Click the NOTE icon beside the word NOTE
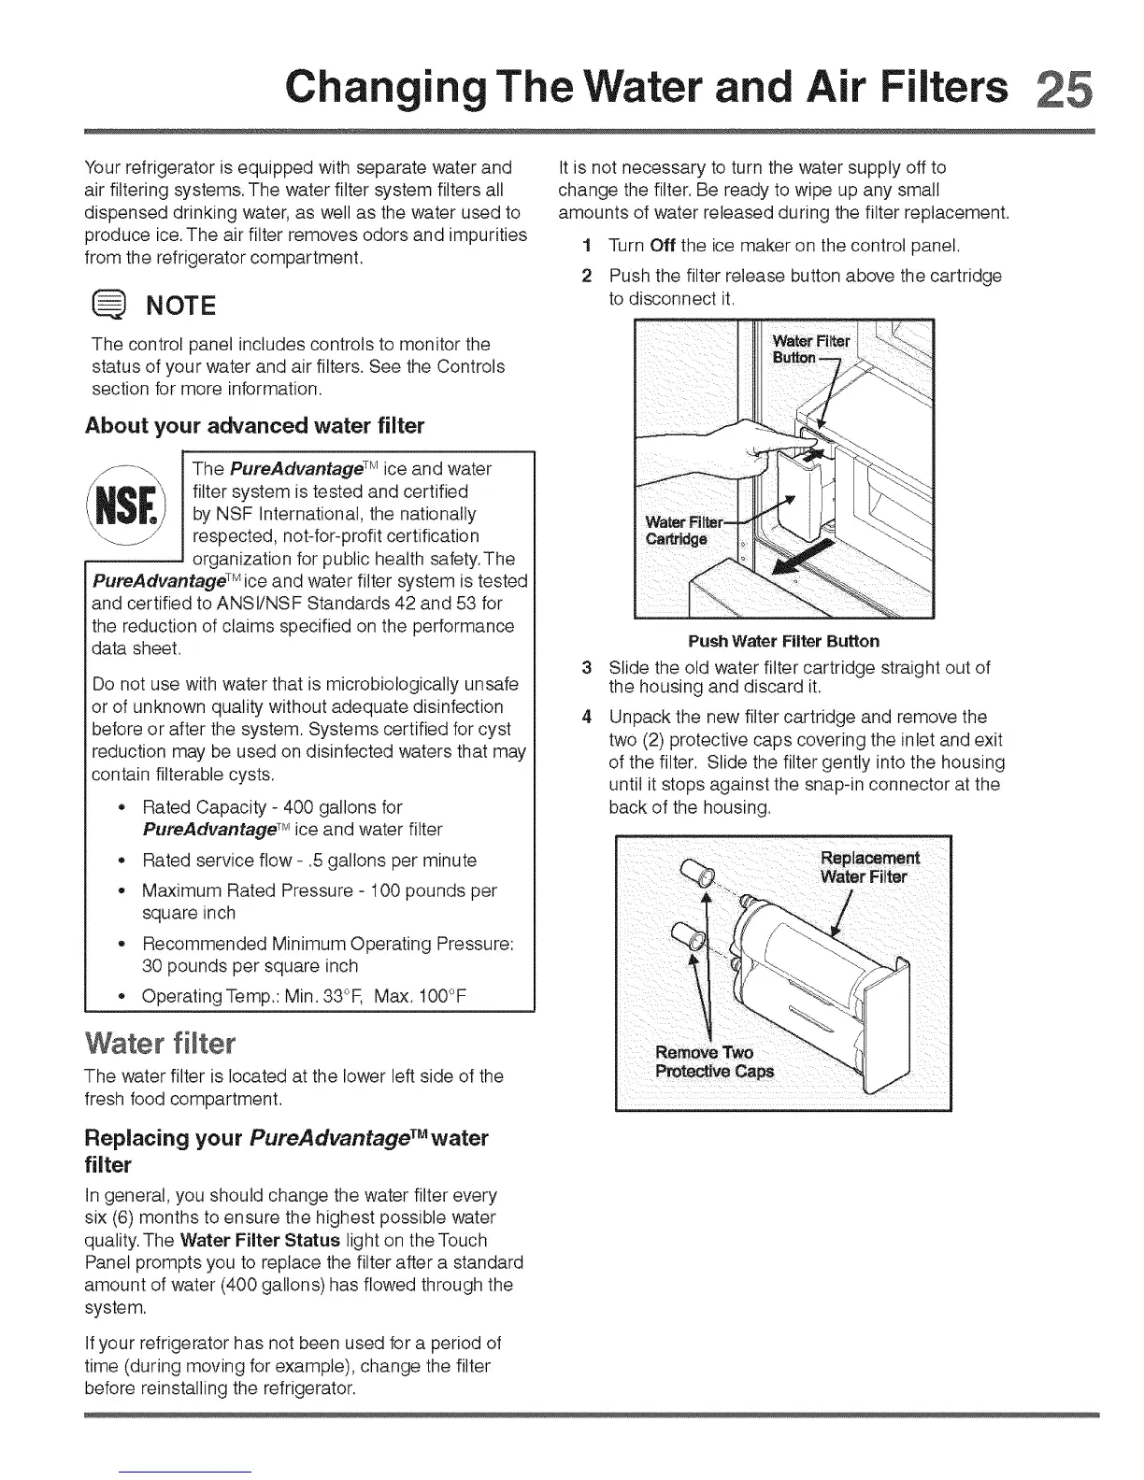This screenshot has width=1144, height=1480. click(107, 305)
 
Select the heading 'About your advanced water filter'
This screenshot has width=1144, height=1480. click(254, 426)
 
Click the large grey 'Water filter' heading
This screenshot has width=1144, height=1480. click(159, 1042)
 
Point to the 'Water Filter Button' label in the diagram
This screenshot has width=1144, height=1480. click(809, 349)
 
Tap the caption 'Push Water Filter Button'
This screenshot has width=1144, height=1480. click(783, 641)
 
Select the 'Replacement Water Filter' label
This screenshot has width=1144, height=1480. click(868, 867)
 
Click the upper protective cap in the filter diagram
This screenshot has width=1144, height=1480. click(697, 872)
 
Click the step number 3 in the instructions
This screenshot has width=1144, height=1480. click(586, 668)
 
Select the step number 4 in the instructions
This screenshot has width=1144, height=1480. click(586, 717)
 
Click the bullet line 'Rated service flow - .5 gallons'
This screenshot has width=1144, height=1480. click(308, 860)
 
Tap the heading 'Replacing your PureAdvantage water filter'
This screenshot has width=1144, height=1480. click(286, 1150)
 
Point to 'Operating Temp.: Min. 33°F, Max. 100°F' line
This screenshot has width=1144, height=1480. click(304, 996)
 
